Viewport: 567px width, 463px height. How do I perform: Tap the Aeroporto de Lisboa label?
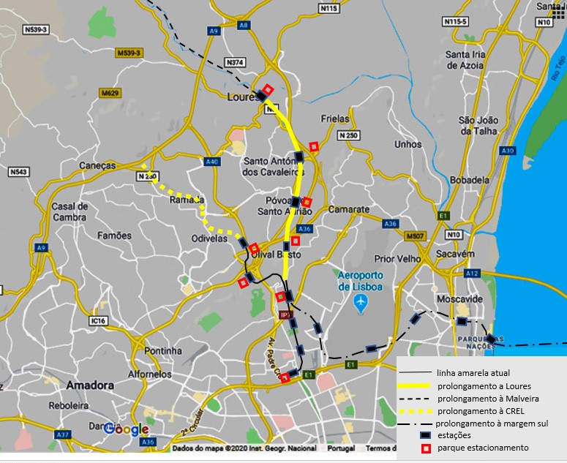click(x=360, y=281)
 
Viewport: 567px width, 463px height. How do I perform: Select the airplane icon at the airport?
click(x=360, y=301)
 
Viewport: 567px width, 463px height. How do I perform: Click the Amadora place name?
click(x=90, y=385)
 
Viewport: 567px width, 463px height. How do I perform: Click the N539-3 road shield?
click(x=35, y=30)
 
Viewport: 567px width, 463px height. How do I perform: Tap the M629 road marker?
click(x=111, y=94)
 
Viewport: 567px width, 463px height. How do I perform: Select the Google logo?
click(x=126, y=429)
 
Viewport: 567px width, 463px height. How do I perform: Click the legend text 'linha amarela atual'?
click(x=473, y=373)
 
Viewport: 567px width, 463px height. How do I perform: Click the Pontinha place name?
click(x=163, y=351)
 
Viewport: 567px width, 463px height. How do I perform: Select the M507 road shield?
click(x=414, y=236)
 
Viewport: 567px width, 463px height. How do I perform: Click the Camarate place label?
click(x=349, y=209)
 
